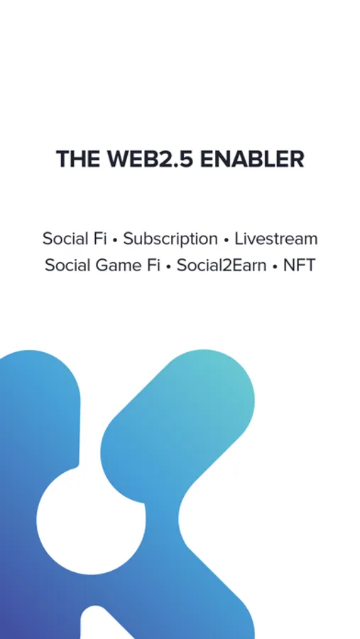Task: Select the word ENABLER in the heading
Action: tap(252, 158)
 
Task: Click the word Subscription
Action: tap(170, 239)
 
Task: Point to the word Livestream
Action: tap(276, 239)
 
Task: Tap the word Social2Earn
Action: tap(222, 266)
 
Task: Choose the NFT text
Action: tap(300, 266)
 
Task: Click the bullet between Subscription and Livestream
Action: tap(227, 241)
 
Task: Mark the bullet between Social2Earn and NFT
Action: tap(276, 267)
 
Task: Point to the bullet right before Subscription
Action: tap(115, 241)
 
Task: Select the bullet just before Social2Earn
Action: tap(168, 267)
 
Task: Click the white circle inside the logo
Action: tap(90, 520)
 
